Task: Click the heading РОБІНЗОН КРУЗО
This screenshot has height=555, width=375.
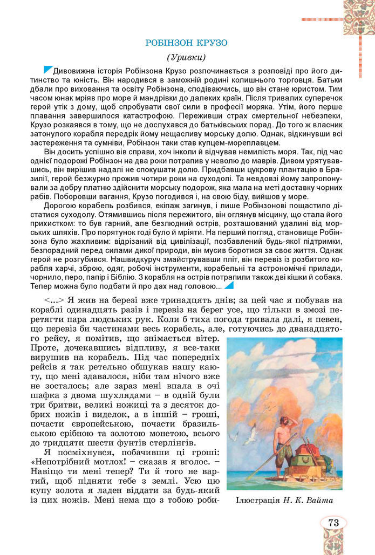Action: (187, 43)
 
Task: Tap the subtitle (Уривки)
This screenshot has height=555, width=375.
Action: (187, 57)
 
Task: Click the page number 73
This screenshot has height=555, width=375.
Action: (332, 522)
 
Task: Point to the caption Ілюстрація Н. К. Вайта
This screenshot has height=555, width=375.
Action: (284, 501)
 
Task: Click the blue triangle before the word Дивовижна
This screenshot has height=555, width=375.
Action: (48, 70)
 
